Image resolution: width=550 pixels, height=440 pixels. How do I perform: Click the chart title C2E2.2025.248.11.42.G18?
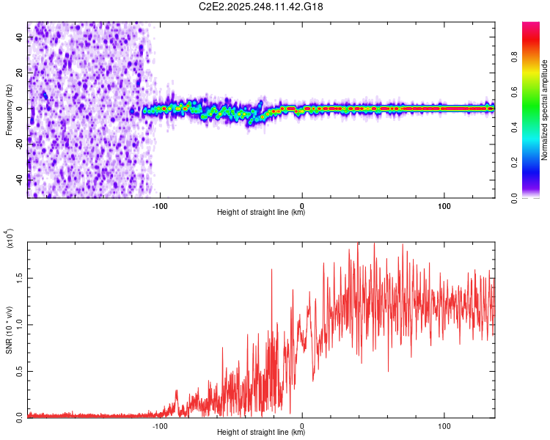tap(261, 7)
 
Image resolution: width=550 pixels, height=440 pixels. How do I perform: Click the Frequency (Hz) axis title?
tap(9, 109)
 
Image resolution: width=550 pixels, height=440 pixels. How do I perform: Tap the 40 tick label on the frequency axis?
tap(21, 37)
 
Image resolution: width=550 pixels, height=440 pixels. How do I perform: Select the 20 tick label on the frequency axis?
tap(21, 73)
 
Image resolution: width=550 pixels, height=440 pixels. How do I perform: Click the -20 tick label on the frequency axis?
tap(19, 144)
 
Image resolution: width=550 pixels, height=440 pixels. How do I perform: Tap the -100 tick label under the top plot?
tap(160, 205)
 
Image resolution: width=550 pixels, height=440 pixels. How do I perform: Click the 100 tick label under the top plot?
tap(444, 205)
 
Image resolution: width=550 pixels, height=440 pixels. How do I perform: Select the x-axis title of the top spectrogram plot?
tap(261, 213)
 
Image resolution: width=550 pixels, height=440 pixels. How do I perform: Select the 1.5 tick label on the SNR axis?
tap(19, 279)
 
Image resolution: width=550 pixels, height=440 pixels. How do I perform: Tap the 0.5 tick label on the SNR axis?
tap(19, 371)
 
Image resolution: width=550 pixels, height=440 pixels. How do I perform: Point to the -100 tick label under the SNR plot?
tap(160, 425)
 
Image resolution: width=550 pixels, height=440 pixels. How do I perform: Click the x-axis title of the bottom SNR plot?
tap(261, 433)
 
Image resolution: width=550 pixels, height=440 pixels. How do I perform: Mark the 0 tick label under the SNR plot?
tap(302, 425)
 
